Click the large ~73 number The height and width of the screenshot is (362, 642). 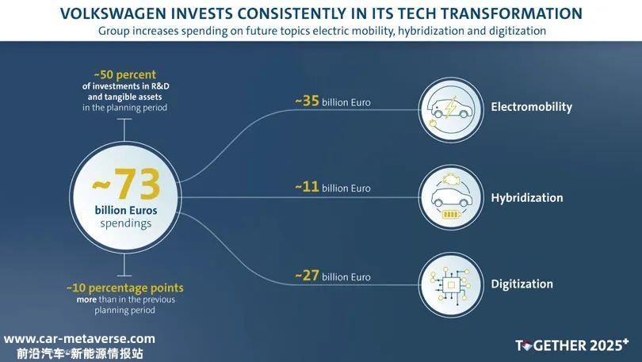click(126, 184)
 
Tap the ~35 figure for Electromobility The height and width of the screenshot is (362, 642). click(307, 101)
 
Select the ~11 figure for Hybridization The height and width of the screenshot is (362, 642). click(307, 187)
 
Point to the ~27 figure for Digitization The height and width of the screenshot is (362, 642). click(307, 276)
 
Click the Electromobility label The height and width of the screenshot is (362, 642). click(532, 107)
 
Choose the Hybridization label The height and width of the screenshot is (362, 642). click(527, 198)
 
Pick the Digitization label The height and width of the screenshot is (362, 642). click(522, 284)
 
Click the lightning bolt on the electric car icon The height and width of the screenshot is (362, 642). click(450, 107)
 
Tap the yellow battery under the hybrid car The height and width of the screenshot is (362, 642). click(451, 215)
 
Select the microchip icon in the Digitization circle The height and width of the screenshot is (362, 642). click(451, 284)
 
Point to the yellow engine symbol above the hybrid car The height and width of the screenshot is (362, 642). click(451, 179)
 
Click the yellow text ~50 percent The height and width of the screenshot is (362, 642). click(125, 74)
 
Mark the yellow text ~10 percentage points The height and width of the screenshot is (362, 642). click(125, 288)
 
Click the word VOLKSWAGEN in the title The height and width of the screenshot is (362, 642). click(113, 13)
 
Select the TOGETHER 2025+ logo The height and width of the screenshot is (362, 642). click(572, 345)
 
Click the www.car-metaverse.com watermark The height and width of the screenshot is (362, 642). click(79, 339)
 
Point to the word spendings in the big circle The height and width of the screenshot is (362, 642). click(126, 223)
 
